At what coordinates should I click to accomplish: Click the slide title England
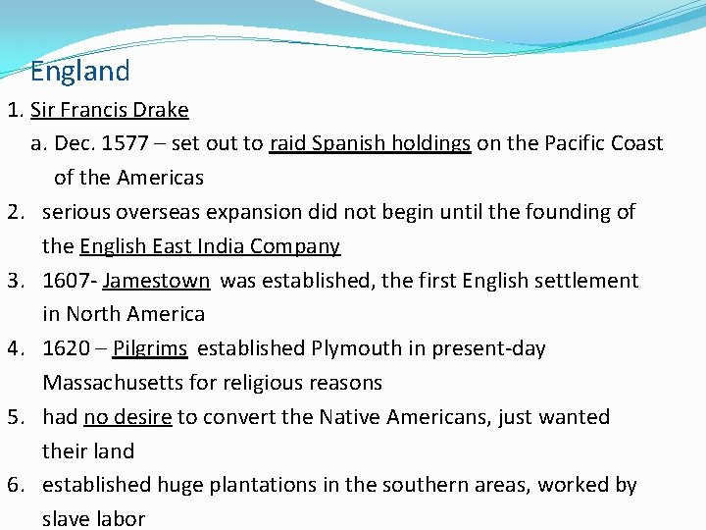(79, 72)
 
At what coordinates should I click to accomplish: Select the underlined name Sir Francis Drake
(110, 110)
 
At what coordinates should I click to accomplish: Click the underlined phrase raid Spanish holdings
(371, 143)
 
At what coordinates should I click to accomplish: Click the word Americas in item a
(160, 178)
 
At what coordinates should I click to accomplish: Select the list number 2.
(14, 212)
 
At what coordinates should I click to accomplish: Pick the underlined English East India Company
(210, 246)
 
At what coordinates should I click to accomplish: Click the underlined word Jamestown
(156, 281)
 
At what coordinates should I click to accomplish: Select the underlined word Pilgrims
(150, 348)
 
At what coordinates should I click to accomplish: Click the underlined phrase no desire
(127, 417)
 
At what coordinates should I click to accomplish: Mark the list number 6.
(14, 485)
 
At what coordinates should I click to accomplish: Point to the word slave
(66, 518)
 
